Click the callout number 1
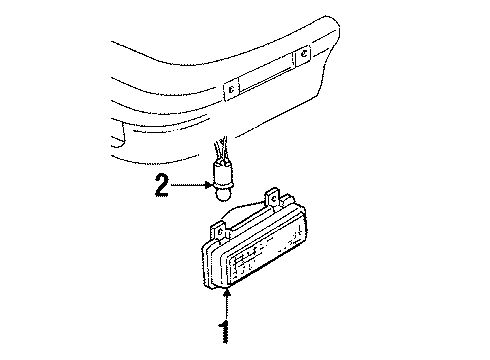[224, 332]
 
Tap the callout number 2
[162, 186]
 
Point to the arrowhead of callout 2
[208, 185]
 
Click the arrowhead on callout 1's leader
[227, 293]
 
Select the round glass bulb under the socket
[223, 194]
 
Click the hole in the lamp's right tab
[273, 199]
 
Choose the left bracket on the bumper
[231, 89]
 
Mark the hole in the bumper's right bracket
[304, 53]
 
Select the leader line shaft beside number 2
[187, 185]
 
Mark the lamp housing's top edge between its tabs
[248, 218]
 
